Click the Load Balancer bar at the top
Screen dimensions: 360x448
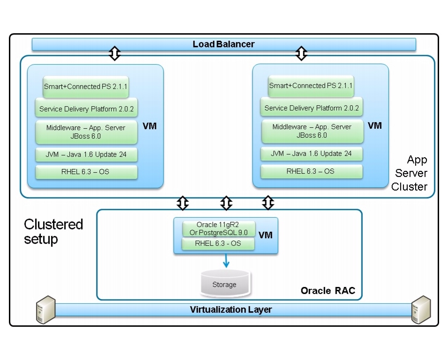[x=224, y=44]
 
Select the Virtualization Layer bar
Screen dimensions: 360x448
[x=231, y=310]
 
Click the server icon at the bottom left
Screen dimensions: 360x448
[x=45, y=309]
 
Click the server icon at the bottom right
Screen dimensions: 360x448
[x=420, y=309]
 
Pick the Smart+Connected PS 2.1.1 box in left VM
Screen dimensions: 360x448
[x=86, y=87]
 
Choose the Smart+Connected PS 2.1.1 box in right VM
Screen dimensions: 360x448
[x=311, y=86]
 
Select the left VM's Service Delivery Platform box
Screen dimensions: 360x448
[x=86, y=109]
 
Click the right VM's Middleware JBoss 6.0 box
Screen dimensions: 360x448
[x=312, y=131]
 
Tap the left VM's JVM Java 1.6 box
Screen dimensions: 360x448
[x=86, y=154]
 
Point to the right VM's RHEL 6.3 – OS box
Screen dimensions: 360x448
[x=311, y=171]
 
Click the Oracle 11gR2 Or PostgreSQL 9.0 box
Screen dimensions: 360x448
[x=219, y=228]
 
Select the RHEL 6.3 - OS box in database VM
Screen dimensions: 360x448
[x=218, y=243]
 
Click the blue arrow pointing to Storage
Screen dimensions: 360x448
[x=226, y=261]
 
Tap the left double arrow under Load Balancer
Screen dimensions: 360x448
[x=114, y=53]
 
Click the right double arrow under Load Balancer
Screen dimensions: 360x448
[x=301, y=53]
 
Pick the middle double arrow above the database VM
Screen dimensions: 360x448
[x=226, y=203]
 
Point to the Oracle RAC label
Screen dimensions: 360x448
[x=328, y=291]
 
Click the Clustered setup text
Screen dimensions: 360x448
[x=53, y=231]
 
